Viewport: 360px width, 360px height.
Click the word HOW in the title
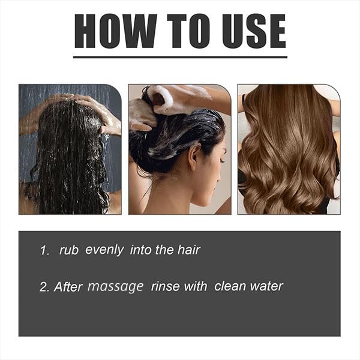116,31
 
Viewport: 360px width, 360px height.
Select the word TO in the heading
189,31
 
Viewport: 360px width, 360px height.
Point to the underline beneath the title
180,57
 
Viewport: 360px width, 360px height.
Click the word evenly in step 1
104,250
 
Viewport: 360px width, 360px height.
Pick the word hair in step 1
189,250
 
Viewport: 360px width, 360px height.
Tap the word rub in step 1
69,250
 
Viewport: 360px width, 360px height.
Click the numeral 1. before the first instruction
44,250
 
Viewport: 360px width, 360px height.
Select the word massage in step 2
115,287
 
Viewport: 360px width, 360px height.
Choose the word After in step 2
68,287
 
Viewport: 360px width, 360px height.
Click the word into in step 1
140,250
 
